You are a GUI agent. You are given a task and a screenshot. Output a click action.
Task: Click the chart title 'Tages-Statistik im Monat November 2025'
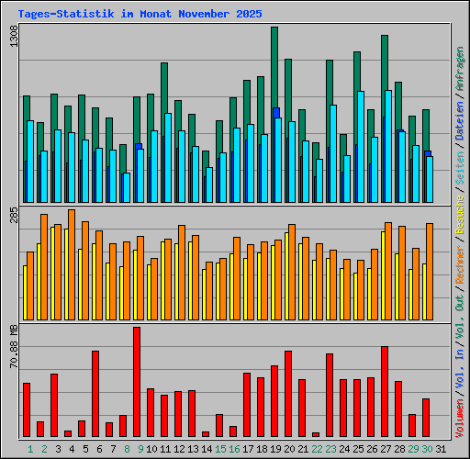(x=140, y=15)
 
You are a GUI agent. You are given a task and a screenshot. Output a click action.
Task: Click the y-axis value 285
(x=13, y=218)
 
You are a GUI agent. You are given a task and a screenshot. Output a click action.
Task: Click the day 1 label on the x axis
(x=30, y=449)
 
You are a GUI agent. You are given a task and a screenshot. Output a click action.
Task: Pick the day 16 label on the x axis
(x=235, y=449)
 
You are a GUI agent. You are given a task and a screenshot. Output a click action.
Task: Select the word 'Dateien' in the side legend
(x=459, y=139)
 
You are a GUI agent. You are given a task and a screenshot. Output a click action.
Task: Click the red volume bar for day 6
(x=95, y=394)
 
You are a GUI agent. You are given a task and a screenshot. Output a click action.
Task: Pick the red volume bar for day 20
(x=288, y=394)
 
